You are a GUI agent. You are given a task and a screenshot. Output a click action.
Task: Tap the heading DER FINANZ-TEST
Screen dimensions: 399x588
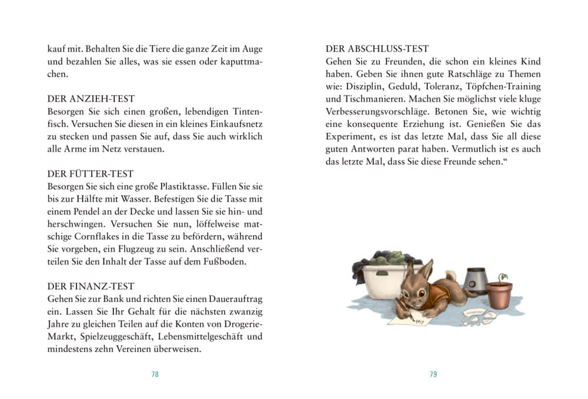(x=91, y=286)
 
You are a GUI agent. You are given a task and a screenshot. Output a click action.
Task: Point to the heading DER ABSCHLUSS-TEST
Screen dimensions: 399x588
(x=377, y=49)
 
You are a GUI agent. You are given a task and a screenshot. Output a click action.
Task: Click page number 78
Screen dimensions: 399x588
(x=155, y=374)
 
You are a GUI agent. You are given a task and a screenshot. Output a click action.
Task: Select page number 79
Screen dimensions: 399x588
(x=433, y=374)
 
